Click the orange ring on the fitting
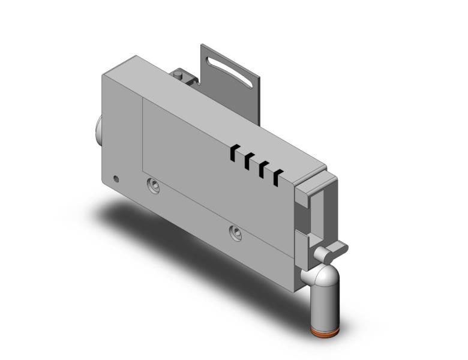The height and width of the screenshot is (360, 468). [x=325, y=331]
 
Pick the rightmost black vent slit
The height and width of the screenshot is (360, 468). [x=278, y=177]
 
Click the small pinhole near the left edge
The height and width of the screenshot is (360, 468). [x=116, y=178]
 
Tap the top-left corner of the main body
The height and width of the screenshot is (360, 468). [x=103, y=74]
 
